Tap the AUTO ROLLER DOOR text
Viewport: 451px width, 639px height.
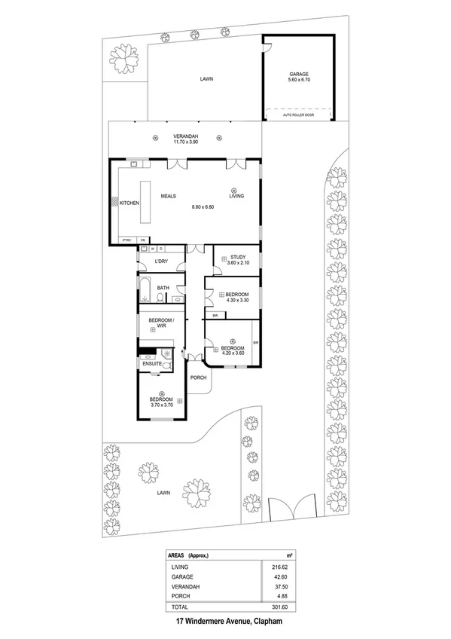299,116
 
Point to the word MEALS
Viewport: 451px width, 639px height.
169,196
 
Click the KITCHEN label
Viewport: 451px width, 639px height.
130,203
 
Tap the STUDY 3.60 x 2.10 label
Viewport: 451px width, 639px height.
239,259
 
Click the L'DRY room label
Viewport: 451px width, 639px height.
160,262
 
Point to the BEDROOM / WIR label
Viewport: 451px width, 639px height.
161,323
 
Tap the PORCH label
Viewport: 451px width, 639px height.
198,378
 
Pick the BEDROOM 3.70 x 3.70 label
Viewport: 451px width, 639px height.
161,402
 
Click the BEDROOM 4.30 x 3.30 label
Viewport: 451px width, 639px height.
238,297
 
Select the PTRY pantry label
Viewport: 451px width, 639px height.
127,240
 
